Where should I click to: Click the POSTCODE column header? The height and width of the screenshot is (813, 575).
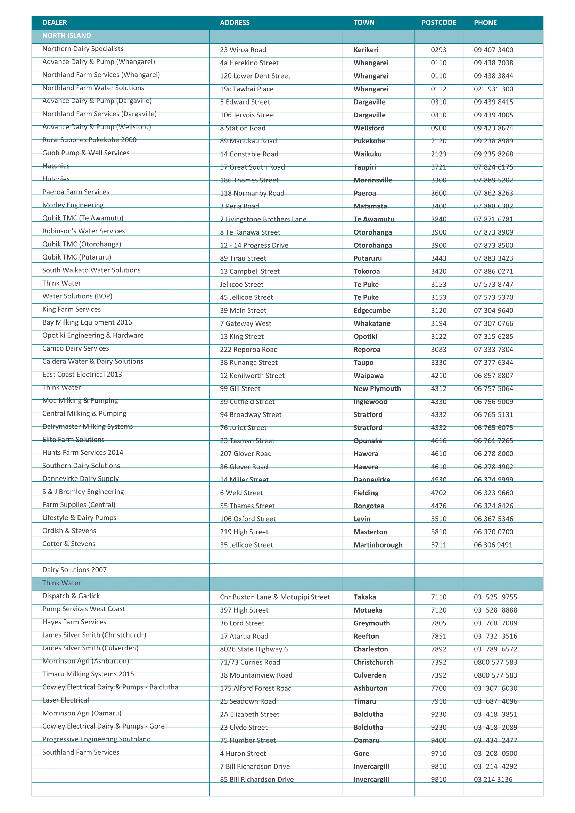pyautogui.click(x=438, y=23)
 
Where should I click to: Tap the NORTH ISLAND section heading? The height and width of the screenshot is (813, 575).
pyautogui.click(x=67, y=36)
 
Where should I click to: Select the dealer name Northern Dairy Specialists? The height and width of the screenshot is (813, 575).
pyautogui.click(x=83, y=49)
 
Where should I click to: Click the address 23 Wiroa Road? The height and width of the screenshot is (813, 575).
pyautogui.click(x=243, y=50)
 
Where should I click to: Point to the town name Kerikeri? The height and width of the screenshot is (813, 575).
pyautogui.click(x=366, y=50)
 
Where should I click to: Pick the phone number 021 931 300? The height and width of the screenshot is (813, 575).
pyautogui.click(x=493, y=89)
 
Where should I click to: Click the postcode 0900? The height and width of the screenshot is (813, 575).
pyautogui.click(x=438, y=128)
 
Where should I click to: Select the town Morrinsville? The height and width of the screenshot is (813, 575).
pyautogui.click(x=372, y=180)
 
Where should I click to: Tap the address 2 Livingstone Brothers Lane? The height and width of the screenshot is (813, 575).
pyautogui.click(x=263, y=219)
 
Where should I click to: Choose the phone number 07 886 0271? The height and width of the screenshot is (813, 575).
pyautogui.click(x=493, y=271)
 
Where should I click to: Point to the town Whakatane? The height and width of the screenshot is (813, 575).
pyautogui.click(x=372, y=323)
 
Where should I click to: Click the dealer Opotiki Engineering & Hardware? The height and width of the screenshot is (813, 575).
pyautogui.click(x=93, y=335)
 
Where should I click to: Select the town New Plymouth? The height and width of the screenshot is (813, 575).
pyautogui.click(x=377, y=388)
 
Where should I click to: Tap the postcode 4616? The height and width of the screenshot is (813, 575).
pyautogui.click(x=438, y=441)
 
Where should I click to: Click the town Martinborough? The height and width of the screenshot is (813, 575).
pyautogui.click(x=378, y=545)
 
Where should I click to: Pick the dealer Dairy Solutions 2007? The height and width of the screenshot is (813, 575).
pyautogui.click(x=74, y=570)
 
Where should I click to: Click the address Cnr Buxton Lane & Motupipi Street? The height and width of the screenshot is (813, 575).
pyautogui.click(x=274, y=597)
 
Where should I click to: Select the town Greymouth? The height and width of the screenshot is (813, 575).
pyautogui.click(x=371, y=623)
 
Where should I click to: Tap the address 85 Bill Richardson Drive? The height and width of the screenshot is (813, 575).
pyautogui.click(x=257, y=779)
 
